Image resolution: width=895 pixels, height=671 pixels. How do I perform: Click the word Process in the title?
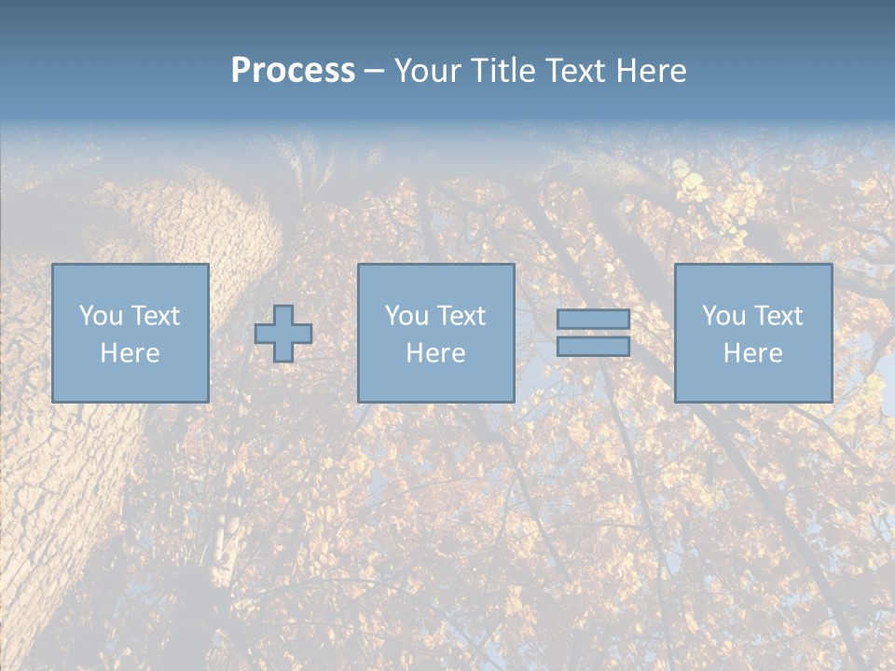coord(293,71)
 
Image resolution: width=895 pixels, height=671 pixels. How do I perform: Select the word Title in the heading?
coord(503,71)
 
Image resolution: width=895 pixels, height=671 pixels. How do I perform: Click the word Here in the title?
coord(652,71)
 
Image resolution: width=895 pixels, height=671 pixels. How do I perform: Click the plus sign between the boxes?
coord(283,334)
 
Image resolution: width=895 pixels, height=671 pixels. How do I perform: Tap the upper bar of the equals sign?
coord(593,320)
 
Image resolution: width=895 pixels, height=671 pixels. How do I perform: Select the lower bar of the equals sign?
coord(593,347)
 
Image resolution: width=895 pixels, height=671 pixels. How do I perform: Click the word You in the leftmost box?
coord(101,316)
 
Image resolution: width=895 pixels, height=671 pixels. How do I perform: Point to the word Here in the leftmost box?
coord(131,353)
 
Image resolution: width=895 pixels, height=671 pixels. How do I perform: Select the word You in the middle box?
coord(406,316)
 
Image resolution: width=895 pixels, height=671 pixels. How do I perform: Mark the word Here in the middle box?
coord(436,353)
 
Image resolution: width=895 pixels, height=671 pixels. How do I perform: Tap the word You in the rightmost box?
coord(723,316)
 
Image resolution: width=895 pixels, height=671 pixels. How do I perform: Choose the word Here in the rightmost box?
coord(753,353)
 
